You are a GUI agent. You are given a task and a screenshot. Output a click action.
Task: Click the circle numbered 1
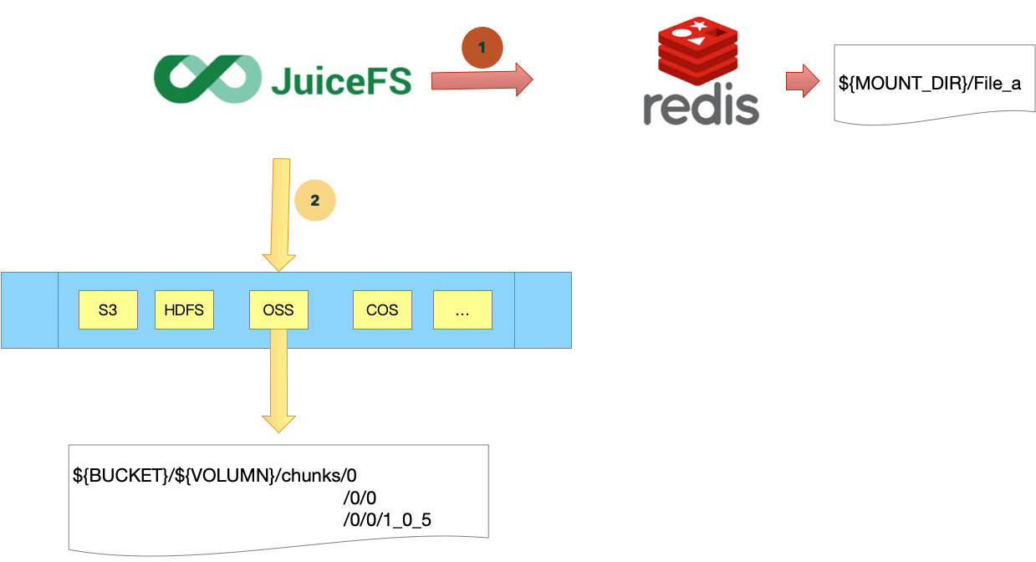[482, 49]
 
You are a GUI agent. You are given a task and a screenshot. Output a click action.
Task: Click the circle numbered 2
[314, 201]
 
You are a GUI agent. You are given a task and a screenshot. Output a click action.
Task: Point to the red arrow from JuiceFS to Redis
[481, 80]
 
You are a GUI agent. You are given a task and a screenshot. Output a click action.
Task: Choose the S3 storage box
[108, 310]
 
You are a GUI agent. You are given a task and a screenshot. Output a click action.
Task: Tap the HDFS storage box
[184, 310]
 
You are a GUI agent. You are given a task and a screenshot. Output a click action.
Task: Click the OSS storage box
[278, 310]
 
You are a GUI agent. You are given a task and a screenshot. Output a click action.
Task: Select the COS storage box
[382, 310]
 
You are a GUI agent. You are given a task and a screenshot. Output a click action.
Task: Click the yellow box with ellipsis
[462, 310]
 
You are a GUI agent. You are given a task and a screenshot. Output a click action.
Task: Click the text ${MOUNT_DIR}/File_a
[929, 84]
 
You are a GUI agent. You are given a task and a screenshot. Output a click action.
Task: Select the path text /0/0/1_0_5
[386, 519]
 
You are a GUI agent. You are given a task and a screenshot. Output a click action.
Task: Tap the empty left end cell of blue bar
[29, 310]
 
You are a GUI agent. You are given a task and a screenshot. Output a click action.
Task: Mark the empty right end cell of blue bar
[543, 310]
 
